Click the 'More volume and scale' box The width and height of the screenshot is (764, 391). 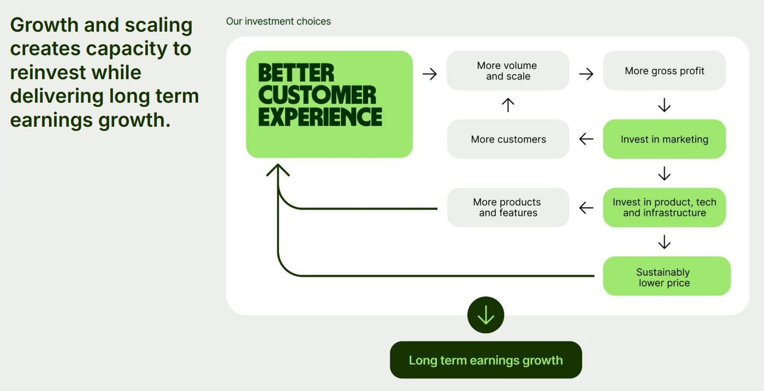[508, 71]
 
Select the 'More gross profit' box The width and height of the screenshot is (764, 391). [664, 71]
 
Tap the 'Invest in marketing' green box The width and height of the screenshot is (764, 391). [664, 139]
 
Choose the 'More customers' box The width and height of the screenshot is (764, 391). [508, 139]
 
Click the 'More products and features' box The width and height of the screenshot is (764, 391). [508, 208]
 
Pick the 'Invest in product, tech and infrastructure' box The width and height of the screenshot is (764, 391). [664, 208]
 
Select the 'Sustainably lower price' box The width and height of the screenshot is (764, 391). [666, 276]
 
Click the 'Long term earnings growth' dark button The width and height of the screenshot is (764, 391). [485, 360]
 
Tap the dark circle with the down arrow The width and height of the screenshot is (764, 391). [485, 315]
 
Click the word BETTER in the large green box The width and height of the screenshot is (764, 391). [295, 73]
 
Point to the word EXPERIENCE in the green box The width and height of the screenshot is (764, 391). [320, 116]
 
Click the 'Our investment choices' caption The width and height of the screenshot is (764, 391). [279, 21]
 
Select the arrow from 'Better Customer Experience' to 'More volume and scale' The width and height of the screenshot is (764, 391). [430, 74]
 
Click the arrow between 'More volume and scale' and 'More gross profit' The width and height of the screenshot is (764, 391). [586, 74]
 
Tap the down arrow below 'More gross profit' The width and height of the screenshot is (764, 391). [664, 105]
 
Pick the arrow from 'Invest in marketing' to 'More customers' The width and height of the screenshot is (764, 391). [586, 139]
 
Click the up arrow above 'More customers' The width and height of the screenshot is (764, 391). [508, 105]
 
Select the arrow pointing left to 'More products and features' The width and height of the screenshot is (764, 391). [586, 208]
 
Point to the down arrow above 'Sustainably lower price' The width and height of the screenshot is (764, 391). [664, 242]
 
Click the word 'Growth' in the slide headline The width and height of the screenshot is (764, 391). [44, 25]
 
